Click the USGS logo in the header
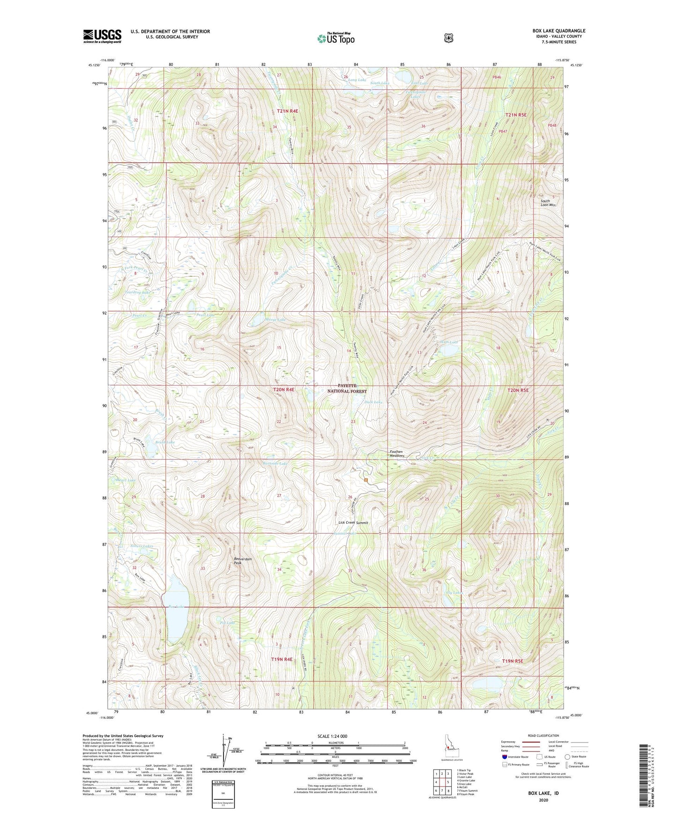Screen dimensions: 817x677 (x=102, y=36)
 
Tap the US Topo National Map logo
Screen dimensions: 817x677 (x=335, y=38)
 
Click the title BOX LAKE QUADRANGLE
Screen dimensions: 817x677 (x=558, y=31)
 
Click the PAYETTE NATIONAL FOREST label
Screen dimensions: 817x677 (x=347, y=388)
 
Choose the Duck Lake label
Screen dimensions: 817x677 (x=373, y=402)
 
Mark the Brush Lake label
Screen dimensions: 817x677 (x=165, y=442)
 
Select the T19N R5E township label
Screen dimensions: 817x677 (x=512, y=661)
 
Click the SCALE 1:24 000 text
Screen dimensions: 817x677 (x=332, y=736)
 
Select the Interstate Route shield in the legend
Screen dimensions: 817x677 (x=505, y=757)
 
